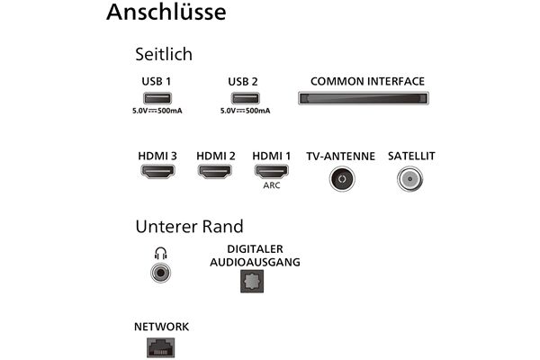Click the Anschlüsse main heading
pos(166,13)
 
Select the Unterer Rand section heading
pos(189,226)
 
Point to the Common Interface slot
pos(361,97)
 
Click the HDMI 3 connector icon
pos(157,171)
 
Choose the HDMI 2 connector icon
pos(215,171)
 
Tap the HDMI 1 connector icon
pos(272,171)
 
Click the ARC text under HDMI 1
pos(272,187)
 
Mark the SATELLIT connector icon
pos(410,176)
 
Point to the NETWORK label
pos(160,326)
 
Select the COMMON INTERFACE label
pos(367,81)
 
